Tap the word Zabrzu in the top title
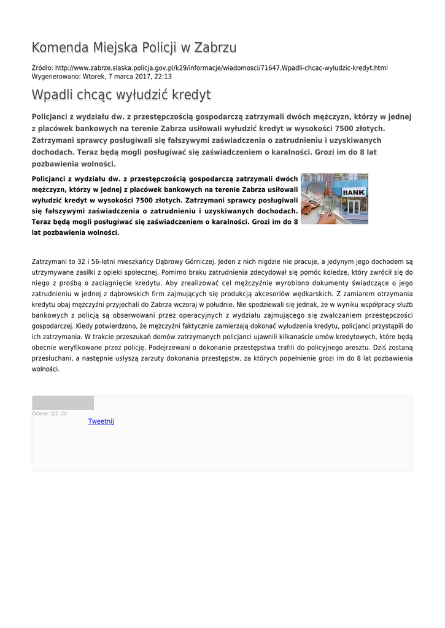215,48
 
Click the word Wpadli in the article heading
52,95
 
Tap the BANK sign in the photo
353,193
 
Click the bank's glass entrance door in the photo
354,208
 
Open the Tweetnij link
101,421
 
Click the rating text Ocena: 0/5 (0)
50,413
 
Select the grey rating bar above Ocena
63,403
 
